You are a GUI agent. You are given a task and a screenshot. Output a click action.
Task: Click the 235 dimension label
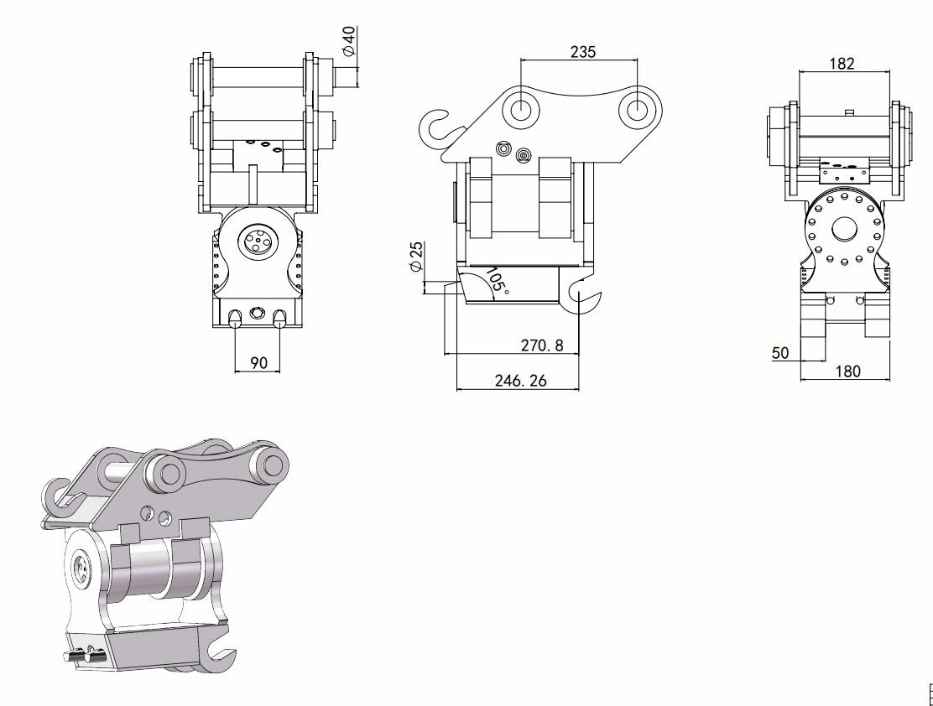(582, 52)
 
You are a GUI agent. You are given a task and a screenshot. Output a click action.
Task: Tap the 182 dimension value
(842, 64)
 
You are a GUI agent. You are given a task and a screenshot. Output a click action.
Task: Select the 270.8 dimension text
(541, 345)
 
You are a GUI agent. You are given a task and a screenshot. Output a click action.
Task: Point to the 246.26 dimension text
(520, 381)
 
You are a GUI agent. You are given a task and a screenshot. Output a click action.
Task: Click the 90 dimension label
(258, 363)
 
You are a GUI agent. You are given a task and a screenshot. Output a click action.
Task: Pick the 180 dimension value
(848, 371)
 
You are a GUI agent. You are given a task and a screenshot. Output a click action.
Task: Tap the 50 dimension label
(780, 353)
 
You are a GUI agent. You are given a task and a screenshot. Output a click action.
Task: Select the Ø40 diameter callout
(349, 41)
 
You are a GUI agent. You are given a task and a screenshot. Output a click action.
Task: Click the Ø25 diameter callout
(416, 257)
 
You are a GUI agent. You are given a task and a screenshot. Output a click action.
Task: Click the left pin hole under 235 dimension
(521, 109)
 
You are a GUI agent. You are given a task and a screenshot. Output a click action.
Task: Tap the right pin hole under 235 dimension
(636, 109)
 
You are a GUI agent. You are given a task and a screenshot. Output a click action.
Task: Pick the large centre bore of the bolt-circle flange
(843, 230)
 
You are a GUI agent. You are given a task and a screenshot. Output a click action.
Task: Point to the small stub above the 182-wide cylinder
(849, 112)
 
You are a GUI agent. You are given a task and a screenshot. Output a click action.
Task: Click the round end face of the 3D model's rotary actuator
(81, 569)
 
